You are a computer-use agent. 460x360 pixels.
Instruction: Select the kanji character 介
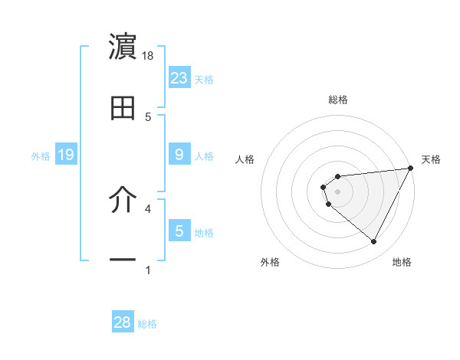[123, 201]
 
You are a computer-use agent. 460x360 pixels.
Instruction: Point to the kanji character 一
[123, 260]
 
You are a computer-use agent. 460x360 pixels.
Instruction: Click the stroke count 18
[149, 56]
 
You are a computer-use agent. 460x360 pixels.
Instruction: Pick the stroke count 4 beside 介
[148, 208]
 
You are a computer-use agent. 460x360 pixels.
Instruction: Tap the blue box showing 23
[179, 77]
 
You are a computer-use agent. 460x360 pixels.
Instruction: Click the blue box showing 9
[179, 155]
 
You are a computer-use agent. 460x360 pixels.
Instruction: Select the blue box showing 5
[179, 231]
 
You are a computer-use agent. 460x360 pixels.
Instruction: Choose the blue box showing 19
[65, 155]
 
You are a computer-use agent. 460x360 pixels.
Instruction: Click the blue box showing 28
[123, 322]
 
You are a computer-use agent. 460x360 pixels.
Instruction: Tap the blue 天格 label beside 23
[204, 79]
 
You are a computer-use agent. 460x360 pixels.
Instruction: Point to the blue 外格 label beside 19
[41, 155]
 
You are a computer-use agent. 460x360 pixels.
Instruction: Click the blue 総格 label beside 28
[147, 324]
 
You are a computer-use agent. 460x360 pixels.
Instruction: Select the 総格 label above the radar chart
[338, 100]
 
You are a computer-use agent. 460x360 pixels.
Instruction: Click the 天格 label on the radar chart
[431, 159]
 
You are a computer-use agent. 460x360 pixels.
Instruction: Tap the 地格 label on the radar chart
[402, 263]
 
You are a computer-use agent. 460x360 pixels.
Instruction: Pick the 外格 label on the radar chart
[271, 263]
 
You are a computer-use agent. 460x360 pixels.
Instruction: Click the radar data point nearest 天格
[412, 167]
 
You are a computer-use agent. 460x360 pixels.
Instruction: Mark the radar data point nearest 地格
[374, 242]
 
